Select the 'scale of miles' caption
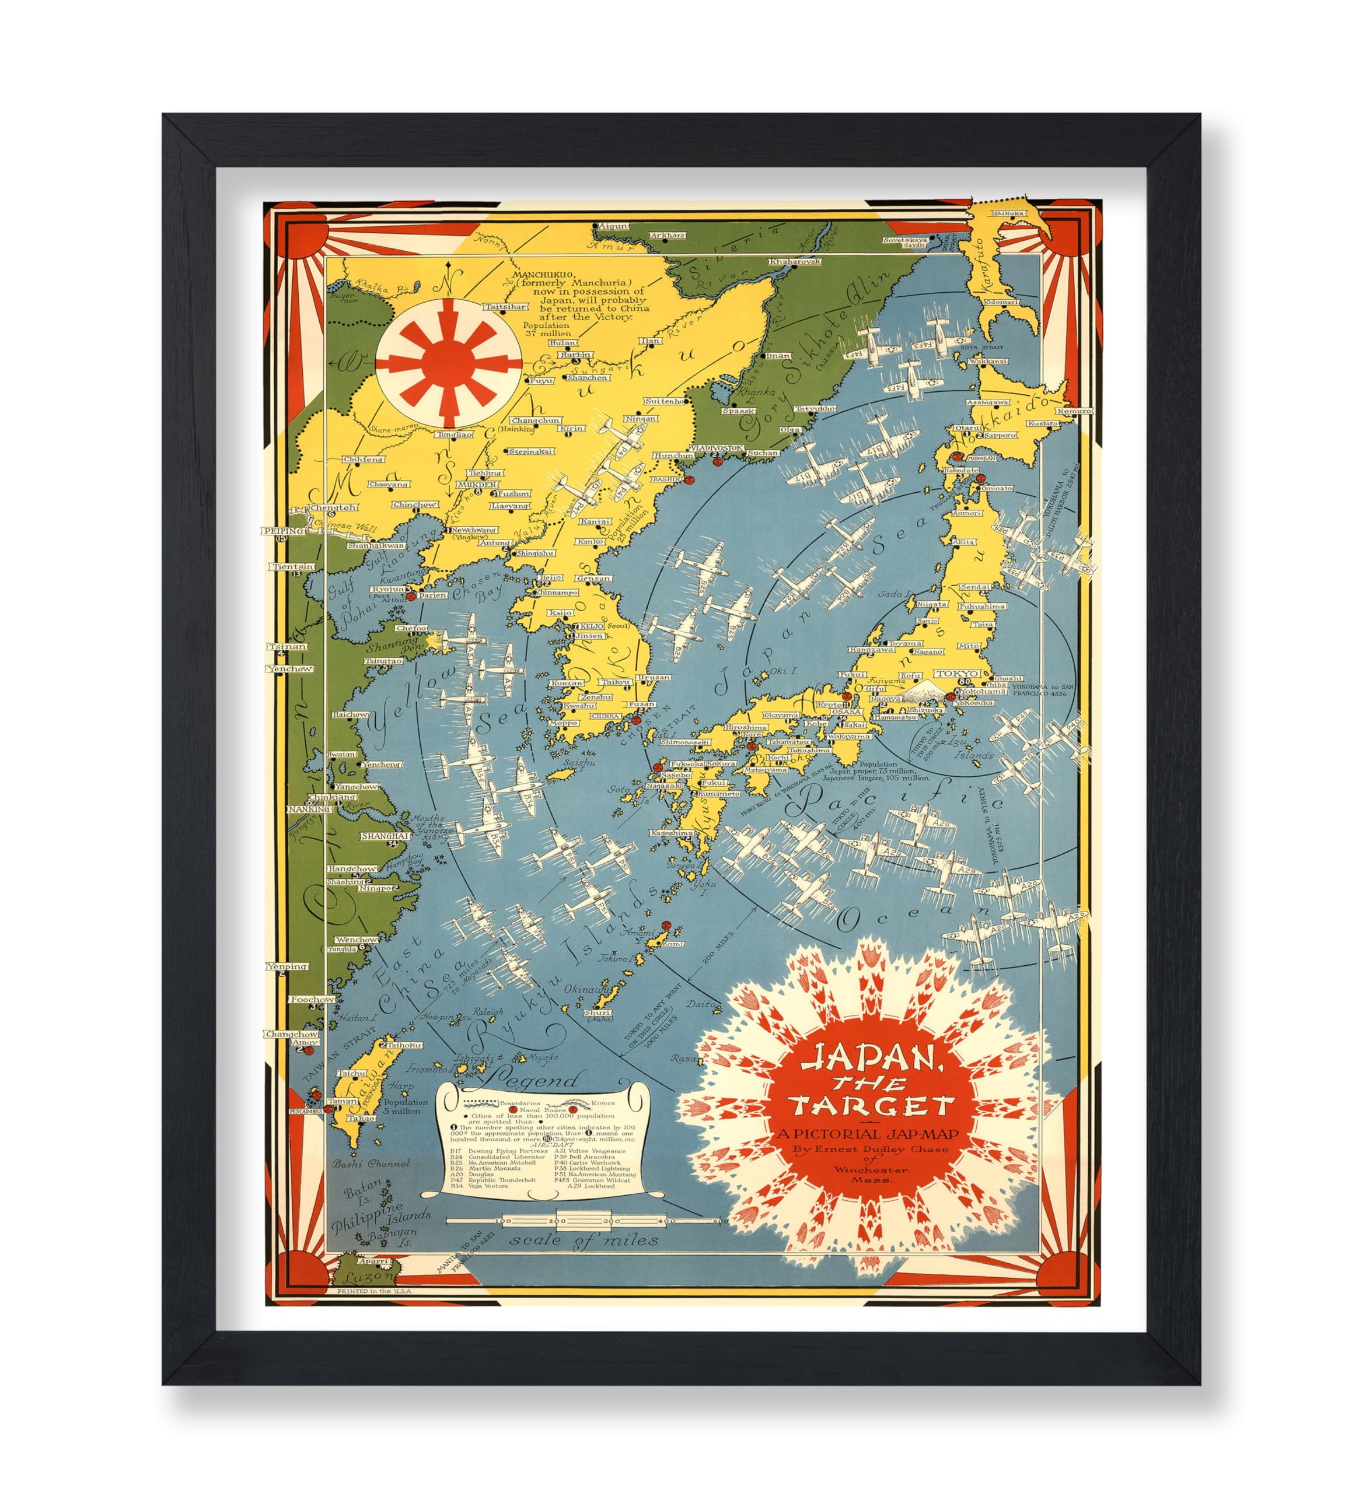pyautogui.click(x=583, y=1238)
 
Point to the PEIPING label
pyautogui.click(x=285, y=531)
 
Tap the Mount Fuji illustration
pyautogui.click(x=920, y=690)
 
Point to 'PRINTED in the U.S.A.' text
pyautogui.click(x=375, y=1291)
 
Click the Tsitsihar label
pyautogui.click(x=505, y=307)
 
